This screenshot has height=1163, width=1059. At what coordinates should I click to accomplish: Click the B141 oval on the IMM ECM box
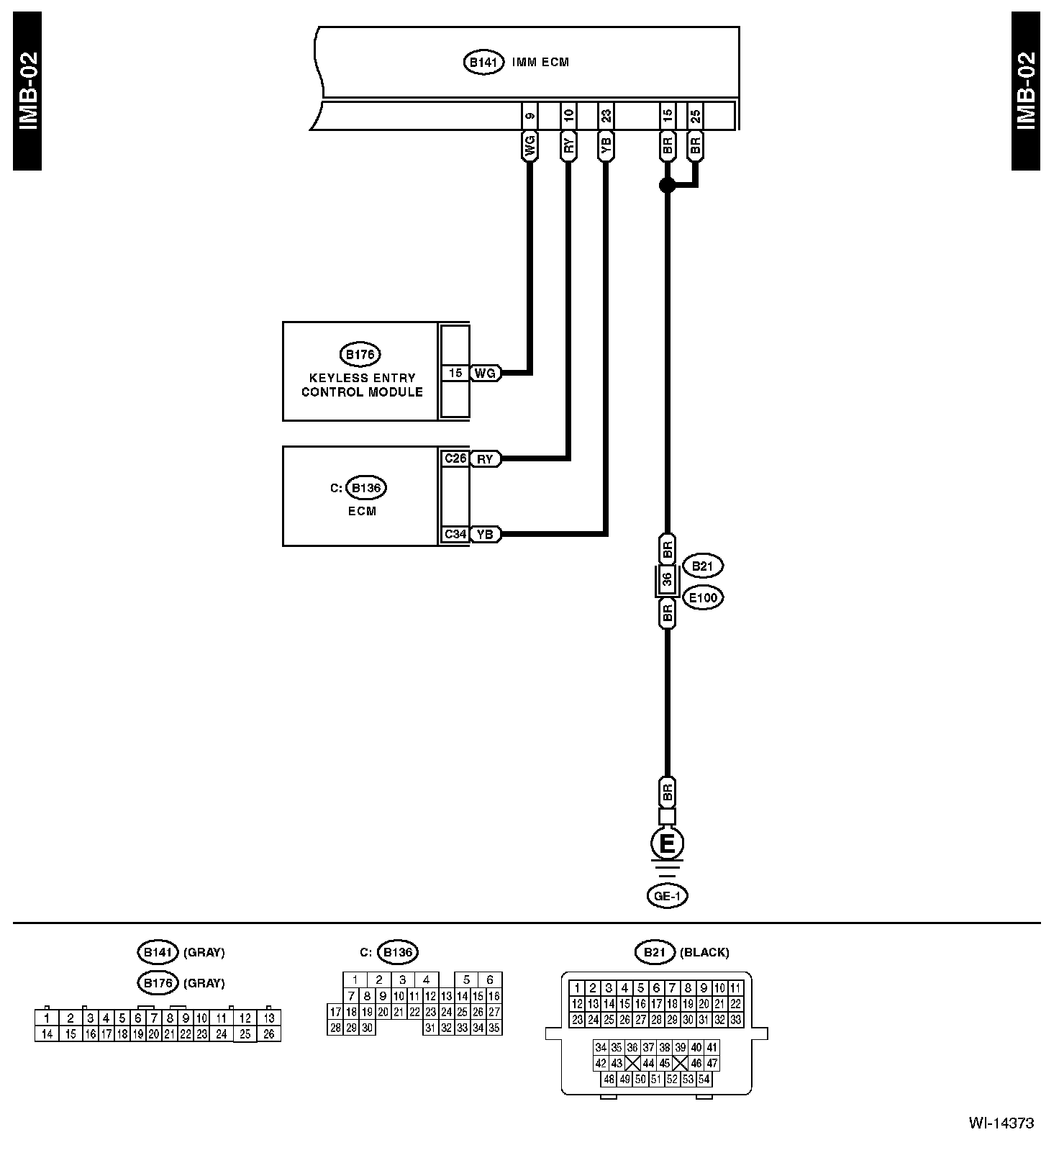coord(483,63)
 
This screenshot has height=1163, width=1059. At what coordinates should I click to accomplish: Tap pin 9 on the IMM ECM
coord(530,115)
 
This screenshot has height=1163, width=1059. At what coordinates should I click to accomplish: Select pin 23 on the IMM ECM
coord(606,115)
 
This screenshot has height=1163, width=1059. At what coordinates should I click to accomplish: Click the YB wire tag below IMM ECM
coord(606,147)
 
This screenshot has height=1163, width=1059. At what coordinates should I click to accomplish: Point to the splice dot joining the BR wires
coord(667,186)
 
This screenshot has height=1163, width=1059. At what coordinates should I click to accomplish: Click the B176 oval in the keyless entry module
coord(360,354)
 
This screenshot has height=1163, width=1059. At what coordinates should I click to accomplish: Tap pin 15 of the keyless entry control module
coord(455,373)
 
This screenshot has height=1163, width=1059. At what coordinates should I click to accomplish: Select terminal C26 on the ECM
coord(455,458)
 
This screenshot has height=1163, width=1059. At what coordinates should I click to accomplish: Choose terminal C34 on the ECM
coord(455,534)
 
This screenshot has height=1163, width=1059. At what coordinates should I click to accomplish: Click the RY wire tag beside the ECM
coord(486,459)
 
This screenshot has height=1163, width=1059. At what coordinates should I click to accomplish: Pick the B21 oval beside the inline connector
coord(702,566)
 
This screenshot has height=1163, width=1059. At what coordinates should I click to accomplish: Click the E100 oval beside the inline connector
coord(703,597)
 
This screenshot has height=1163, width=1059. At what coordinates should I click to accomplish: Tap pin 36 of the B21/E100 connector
coord(668,581)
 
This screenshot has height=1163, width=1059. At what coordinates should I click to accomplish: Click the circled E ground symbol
coord(667,843)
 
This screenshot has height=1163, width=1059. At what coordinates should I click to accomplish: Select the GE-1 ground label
coord(667,896)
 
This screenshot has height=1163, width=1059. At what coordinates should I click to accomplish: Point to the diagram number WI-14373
coord(1001,1123)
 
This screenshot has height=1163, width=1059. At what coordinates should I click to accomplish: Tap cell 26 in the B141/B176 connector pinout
coord(269,1034)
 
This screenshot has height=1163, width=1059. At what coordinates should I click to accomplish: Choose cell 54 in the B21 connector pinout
coord(704,1079)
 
